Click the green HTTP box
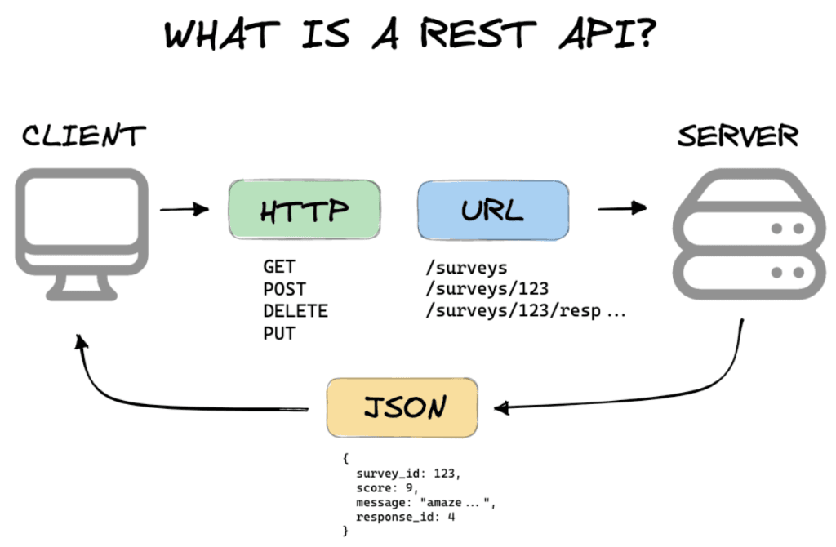coord(304,211)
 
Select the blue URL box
coord(492,211)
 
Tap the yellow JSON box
coord(402,407)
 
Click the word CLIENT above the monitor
coord(84,136)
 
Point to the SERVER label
coord(737,136)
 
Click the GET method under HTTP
coord(279,267)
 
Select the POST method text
coord(284,289)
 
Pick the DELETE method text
coord(295,311)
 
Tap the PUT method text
coord(279,333)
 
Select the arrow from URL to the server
coord(622,210)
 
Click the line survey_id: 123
coord(409,474)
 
